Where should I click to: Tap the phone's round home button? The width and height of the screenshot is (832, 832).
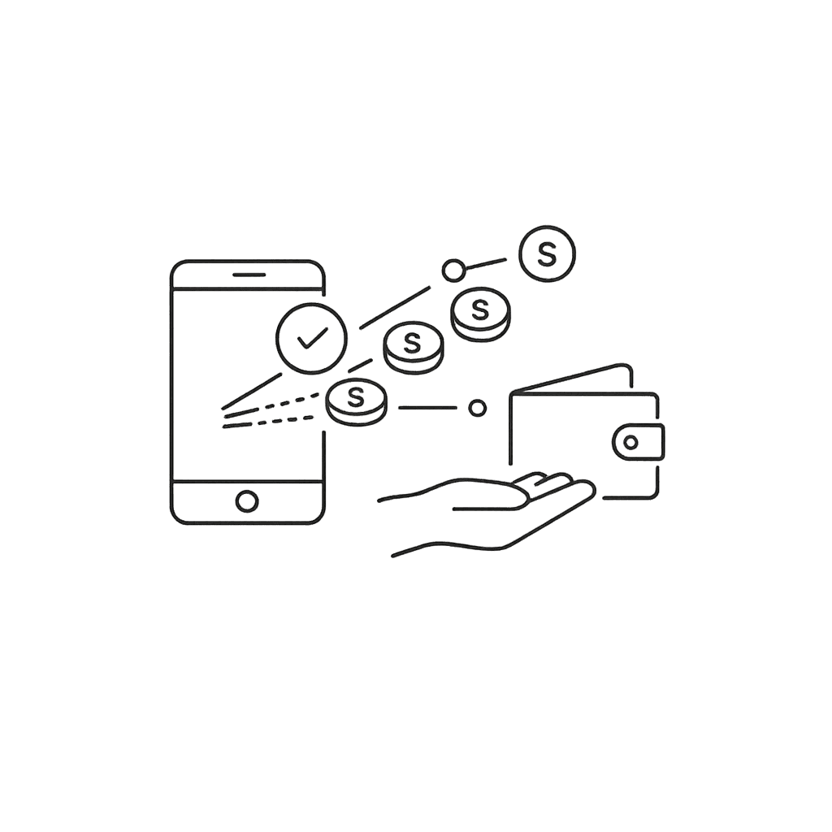(247, 500)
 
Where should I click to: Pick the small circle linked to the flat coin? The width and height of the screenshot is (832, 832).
(453, 269)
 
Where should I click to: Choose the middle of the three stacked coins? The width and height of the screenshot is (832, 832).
(414, 345)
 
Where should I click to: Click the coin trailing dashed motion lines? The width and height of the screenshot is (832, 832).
(356, 401)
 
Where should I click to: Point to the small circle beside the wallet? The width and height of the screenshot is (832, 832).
(478, 408)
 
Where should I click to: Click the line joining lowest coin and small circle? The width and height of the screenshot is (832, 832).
(427, 408)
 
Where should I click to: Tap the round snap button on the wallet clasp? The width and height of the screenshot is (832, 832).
(630, 442)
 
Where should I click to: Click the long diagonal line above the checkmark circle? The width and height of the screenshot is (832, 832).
(394, 307)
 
